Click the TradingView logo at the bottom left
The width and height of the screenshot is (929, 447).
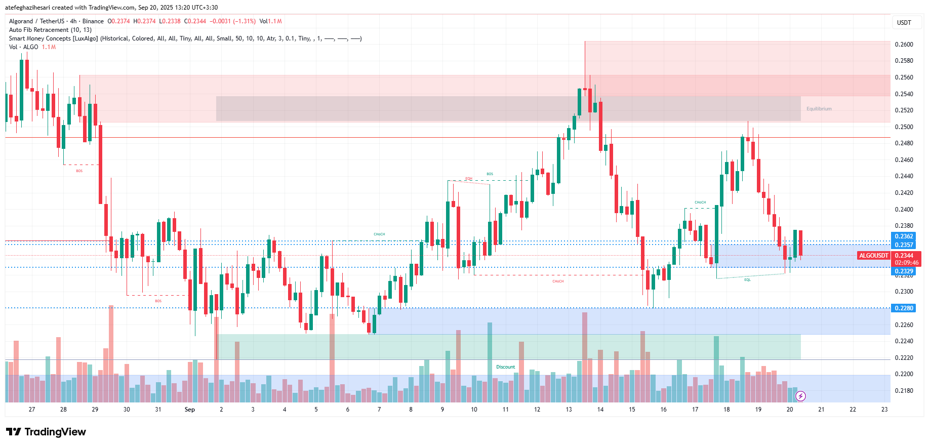click(46, 432)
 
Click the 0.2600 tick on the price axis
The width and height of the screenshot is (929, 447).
click(904, 45)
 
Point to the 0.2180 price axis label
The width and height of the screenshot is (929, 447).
click(904, 391)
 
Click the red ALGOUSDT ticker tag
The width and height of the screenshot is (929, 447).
click(873, 256)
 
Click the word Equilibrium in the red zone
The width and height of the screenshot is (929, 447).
click(819, 109)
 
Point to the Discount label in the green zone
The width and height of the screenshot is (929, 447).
click(505, 367)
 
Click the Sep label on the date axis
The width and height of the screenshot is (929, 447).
click(190, 410)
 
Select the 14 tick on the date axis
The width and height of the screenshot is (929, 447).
click(600, 410)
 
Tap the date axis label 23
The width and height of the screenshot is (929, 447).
click(884, 410)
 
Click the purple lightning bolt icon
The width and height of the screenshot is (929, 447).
click(800, 396)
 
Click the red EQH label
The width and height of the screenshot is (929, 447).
click(469, 179)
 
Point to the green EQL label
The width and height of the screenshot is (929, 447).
click(747, 280)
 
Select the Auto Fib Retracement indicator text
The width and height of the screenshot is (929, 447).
click(50, 30)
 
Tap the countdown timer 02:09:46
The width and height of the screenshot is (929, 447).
click(906, 263)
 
